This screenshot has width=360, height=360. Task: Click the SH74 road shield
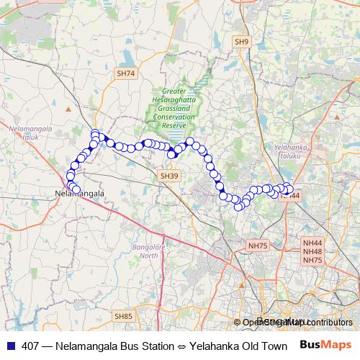(x=125, y=73)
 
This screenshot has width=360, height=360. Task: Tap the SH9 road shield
(x=242, y=43)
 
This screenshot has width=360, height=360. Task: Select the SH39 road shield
(x=169, y=176)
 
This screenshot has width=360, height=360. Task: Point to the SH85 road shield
(x=124, y=315)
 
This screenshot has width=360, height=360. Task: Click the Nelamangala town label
(x=80, y=194)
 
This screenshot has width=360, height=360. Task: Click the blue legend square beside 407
(x=9, y=346)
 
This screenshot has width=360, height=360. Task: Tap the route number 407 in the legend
(x=31, y=346)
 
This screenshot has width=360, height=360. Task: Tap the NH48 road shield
(x=312, y=252)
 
